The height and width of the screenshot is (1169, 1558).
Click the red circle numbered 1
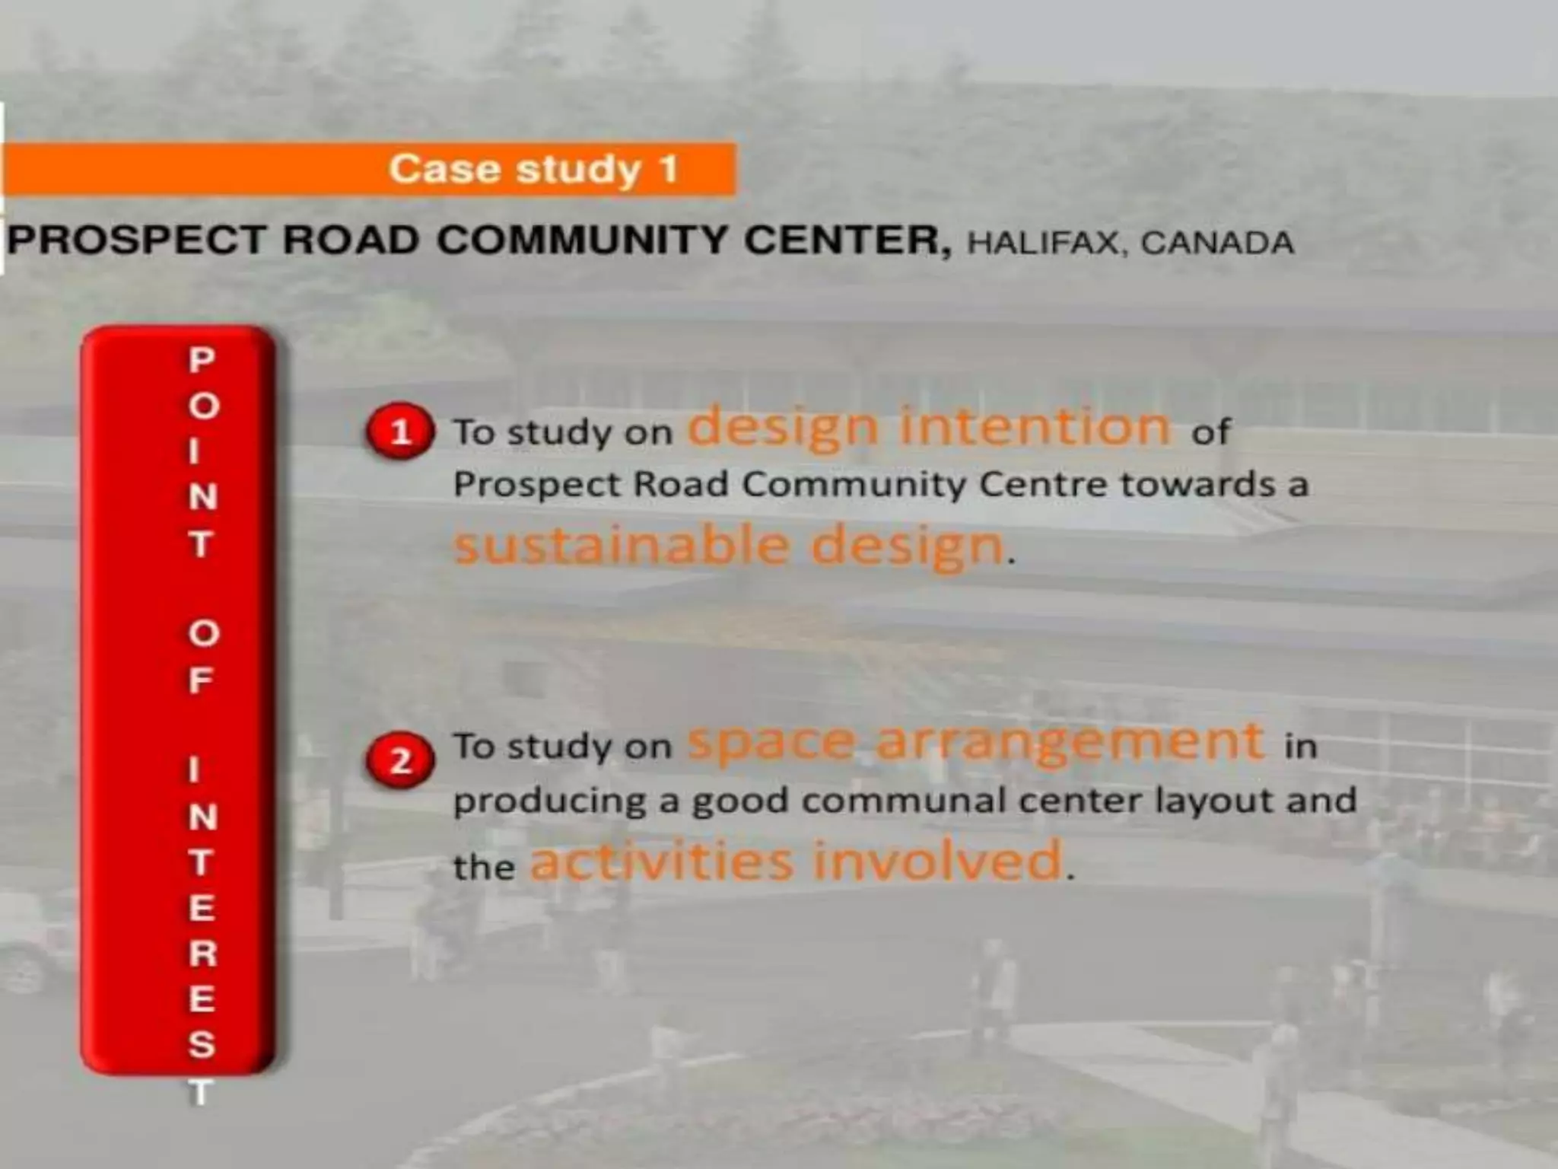pos(400,432)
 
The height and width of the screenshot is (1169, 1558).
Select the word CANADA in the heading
pos(1217,244)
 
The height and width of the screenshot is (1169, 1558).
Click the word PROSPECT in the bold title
pos(137,240)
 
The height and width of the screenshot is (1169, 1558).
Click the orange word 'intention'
pos(1035,426)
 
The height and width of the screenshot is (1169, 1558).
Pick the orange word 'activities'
pos(662,861)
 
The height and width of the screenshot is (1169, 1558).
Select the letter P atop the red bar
pos(202,360)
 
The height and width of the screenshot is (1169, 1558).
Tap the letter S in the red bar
pos(202,1045)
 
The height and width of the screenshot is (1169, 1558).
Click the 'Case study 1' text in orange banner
pos(533,169)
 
